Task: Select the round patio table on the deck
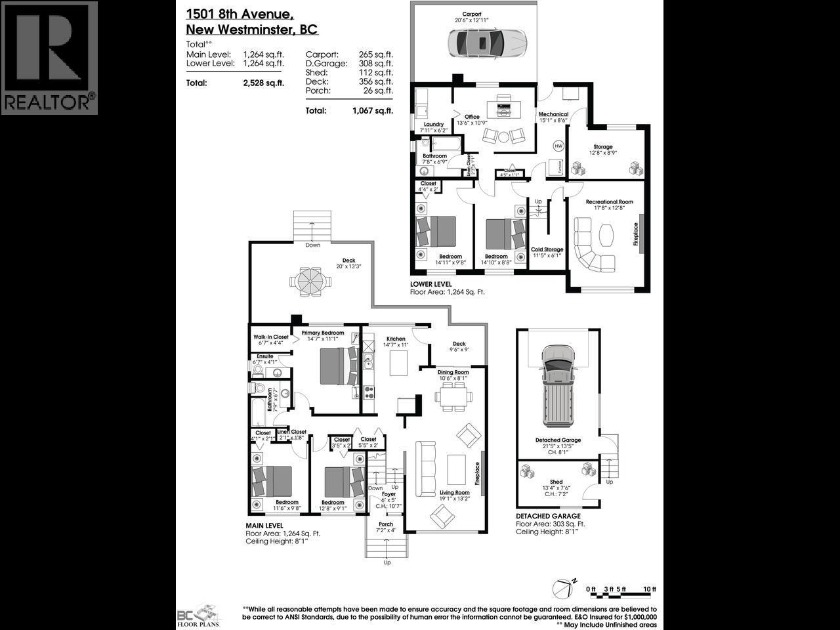[306, 282]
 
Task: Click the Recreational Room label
[609, 202]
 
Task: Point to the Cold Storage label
[547, 249]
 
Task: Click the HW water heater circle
[558, 146]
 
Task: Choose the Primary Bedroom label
[323, 333]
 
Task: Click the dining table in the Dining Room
[453, 397]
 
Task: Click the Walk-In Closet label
[271, 337]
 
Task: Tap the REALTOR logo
[49, 58]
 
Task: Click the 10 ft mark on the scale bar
[650, 589]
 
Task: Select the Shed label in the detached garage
[556, 482]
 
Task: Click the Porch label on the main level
[386, 524]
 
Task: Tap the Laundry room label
[434, 124]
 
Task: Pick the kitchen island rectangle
[398, 363]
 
